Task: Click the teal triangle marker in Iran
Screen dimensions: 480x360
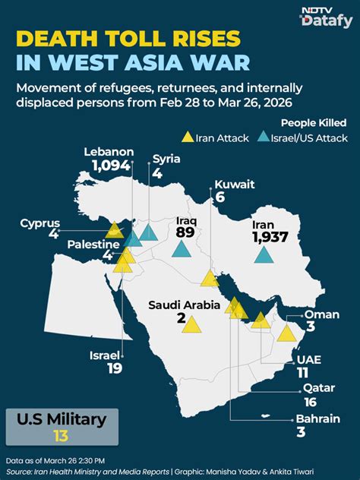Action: click(x=264, y=256)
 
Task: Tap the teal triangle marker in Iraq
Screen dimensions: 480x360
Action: click(x=182, y=248)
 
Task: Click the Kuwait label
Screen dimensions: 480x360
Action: click(x=233, y=184)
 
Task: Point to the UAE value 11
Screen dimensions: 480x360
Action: click(x=302, y=372)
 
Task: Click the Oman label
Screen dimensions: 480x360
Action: click(x=317, y=314)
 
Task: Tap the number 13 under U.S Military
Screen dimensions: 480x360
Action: click(x=61, y=434)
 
